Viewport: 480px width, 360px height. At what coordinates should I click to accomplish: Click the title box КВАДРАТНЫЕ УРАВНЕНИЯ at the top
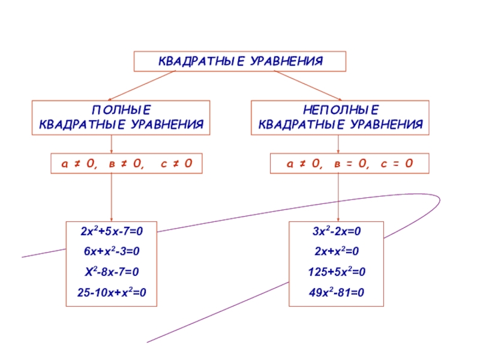click(x=240, y=61)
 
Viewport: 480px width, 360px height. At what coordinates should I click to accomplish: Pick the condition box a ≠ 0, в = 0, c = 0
click(x=340, y=163)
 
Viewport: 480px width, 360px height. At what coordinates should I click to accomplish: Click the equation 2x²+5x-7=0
click(x=111, y=231)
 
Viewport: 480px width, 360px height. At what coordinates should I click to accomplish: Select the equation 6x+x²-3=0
click(x=111, y=251)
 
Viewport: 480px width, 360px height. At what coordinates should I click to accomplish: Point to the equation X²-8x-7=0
click(x=111, y=272)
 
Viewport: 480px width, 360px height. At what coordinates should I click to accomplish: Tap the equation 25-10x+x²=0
click(x=111, y=293)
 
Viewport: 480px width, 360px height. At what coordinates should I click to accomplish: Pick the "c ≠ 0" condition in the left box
click(x=176, y=163)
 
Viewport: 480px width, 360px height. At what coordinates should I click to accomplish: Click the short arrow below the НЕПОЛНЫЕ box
click(x=338, y=144)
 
